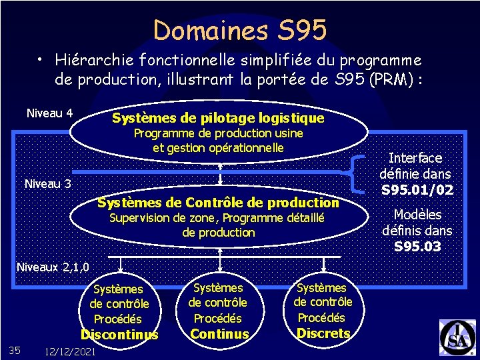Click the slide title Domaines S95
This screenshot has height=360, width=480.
point(240,30)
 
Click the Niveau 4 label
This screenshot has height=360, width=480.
point(49,113)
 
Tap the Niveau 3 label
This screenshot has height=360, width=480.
point(47,184)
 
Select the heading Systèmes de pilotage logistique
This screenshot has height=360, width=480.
point(218,119)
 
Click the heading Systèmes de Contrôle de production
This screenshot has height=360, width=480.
point(218,202)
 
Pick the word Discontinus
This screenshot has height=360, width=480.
point(119,335)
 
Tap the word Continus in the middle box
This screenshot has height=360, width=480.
point(219,334)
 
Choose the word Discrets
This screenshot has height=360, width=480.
point(323,333)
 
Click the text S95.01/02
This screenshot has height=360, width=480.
point(417,190)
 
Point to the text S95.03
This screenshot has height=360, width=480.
point(417,247)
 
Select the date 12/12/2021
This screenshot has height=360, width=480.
point(69,351)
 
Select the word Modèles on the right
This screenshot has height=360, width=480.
point(417,215)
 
